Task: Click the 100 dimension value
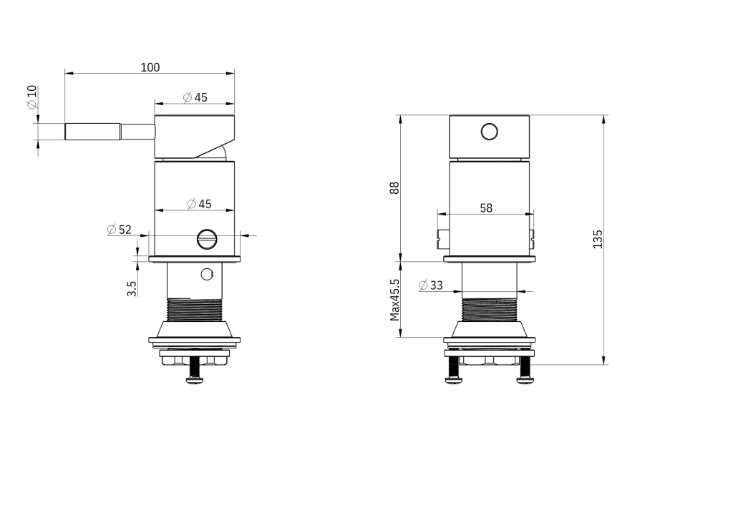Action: coord(150,68)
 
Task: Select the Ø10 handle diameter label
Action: coord(31,97)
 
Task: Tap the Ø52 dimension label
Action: coord(120,230)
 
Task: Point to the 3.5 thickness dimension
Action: coord(132,288)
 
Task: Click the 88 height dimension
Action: coord(395,187)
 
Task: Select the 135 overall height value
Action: coord(598,239)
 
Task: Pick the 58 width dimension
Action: coord(486,208)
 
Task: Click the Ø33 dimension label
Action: coord(430,285)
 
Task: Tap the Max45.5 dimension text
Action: coord(395,300)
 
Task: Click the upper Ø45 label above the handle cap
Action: coord(195,97)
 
